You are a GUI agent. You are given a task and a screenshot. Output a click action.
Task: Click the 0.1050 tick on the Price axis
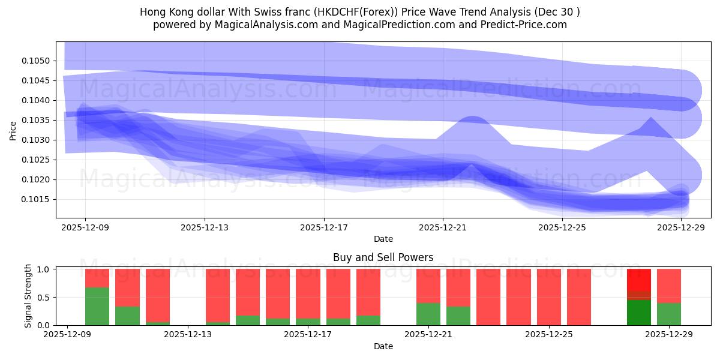tap(37, 61)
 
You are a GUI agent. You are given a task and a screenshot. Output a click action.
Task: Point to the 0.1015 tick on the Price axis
tap(37, 199)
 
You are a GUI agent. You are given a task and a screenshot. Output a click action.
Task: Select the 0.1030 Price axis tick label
tap(37, 140)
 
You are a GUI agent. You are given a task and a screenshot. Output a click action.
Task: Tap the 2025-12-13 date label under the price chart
tap(205, 227)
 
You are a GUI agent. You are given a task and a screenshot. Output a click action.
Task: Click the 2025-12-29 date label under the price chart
tap(682, 227)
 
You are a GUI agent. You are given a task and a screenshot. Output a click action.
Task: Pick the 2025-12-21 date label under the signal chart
tap(429, 335)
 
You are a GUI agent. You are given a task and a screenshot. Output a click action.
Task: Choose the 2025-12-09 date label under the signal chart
tap(68, 335)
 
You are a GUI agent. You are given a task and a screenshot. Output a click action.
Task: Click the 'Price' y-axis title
tap(13, 130)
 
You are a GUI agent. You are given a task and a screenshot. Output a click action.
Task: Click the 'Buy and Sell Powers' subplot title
tap(383, 257)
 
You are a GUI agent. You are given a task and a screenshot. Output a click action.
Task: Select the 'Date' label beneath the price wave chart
tap(383, 239)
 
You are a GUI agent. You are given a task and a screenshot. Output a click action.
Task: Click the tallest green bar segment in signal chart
tap(97, 306)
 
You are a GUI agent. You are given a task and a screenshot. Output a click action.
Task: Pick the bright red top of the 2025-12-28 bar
tap(639, 280)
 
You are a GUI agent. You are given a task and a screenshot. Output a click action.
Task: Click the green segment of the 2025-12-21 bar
tap(428, 314)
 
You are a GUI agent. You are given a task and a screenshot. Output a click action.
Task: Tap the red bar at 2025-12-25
tap(549, 296)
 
